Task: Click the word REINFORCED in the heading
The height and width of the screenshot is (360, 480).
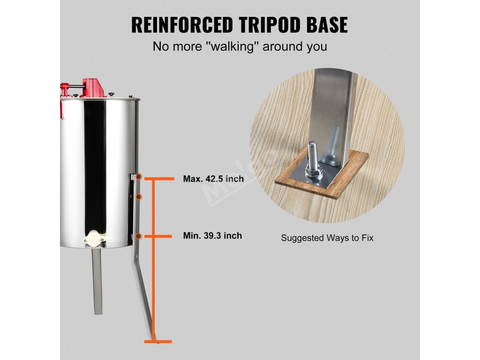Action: (x=182, y=24)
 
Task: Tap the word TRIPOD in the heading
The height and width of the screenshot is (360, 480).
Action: (x=271, y=24)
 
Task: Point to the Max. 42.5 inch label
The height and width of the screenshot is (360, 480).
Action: (x=213, y=179)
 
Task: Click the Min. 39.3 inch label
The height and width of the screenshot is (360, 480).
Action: (x=212, y=236)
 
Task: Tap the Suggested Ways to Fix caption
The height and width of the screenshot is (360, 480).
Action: (x=327, y=238)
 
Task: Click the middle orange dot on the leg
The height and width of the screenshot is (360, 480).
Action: (x=138, y=197)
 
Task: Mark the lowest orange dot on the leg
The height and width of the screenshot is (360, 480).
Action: (x=138, y=236)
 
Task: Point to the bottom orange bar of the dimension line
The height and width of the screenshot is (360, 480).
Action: (x=157, y=341)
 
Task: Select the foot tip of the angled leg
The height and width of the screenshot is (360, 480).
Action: (x=151, y=337)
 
